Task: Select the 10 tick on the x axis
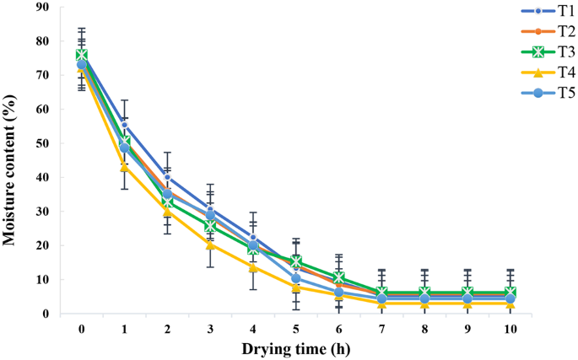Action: coord(510,329)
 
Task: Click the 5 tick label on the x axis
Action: coord(296,329)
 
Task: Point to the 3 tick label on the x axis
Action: coord(210,329)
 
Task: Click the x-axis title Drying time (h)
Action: coord(296,348)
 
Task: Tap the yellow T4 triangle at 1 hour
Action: coord(125,167)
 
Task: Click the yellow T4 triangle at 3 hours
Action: coord(210,244)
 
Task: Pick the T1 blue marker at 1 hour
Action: coord(125,126)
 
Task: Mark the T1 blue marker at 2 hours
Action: coord(168,177)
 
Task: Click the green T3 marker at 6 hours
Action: coord(339,277)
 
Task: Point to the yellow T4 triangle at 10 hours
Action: coord(510,303)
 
